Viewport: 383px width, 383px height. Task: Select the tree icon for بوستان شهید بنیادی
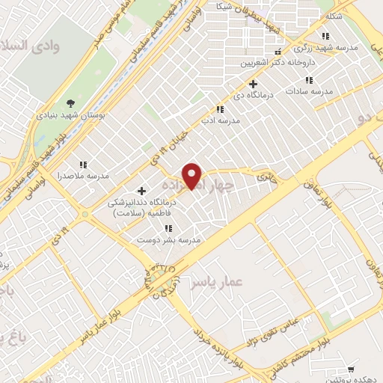point(71,102)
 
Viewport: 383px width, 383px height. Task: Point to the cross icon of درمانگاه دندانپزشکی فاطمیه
point(141,191)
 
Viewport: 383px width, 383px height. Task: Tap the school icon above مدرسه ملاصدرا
point(84,164)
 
